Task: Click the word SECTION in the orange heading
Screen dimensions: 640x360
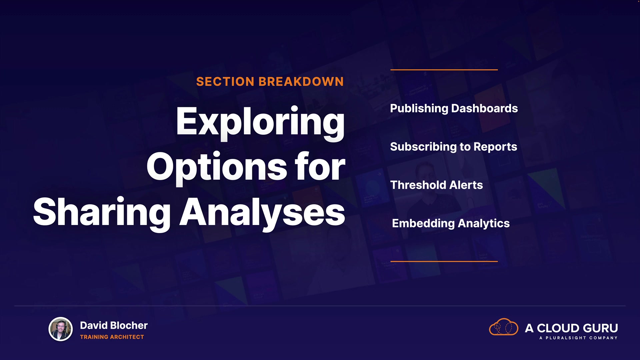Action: [x=225, y=82]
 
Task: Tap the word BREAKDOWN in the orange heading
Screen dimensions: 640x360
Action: [x=301, y=82]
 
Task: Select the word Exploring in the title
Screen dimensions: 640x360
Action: [x=260, y=123]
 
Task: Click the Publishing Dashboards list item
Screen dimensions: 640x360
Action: [x=454, y=109]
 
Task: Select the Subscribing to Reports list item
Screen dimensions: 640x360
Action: [x=454, y=147]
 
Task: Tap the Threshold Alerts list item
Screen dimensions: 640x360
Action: [x=437, y=185]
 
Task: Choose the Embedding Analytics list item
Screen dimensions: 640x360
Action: [x=451, y=224]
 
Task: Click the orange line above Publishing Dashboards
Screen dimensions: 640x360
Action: [x=444, y=70]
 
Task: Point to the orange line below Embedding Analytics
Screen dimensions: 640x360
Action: [x=444, y=261]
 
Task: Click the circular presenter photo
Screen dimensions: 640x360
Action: [x=61, y=329]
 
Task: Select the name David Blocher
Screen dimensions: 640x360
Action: [x=114, y=325]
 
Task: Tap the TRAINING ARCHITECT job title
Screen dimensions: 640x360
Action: [x=112, y=337]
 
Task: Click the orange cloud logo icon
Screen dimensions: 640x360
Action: [x=503, y=327]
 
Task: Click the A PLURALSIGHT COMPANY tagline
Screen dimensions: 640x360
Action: [x=578, y=338]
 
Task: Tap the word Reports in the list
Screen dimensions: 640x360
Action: [x=495, y=147]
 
